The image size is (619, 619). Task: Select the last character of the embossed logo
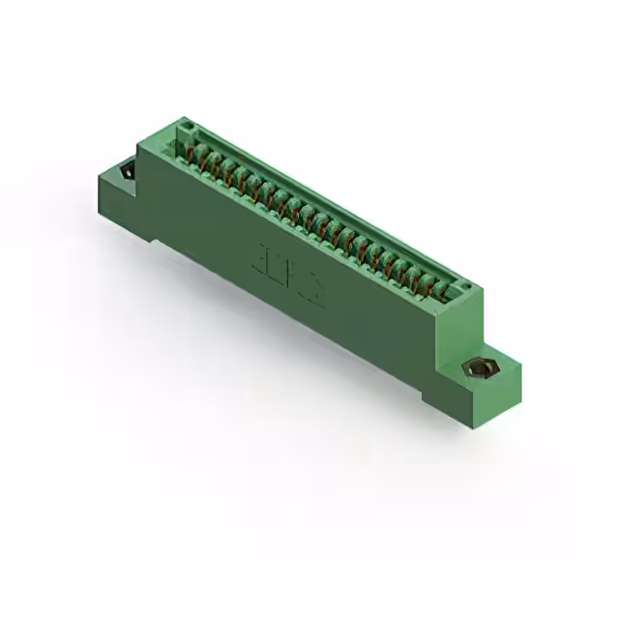[314, 292]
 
